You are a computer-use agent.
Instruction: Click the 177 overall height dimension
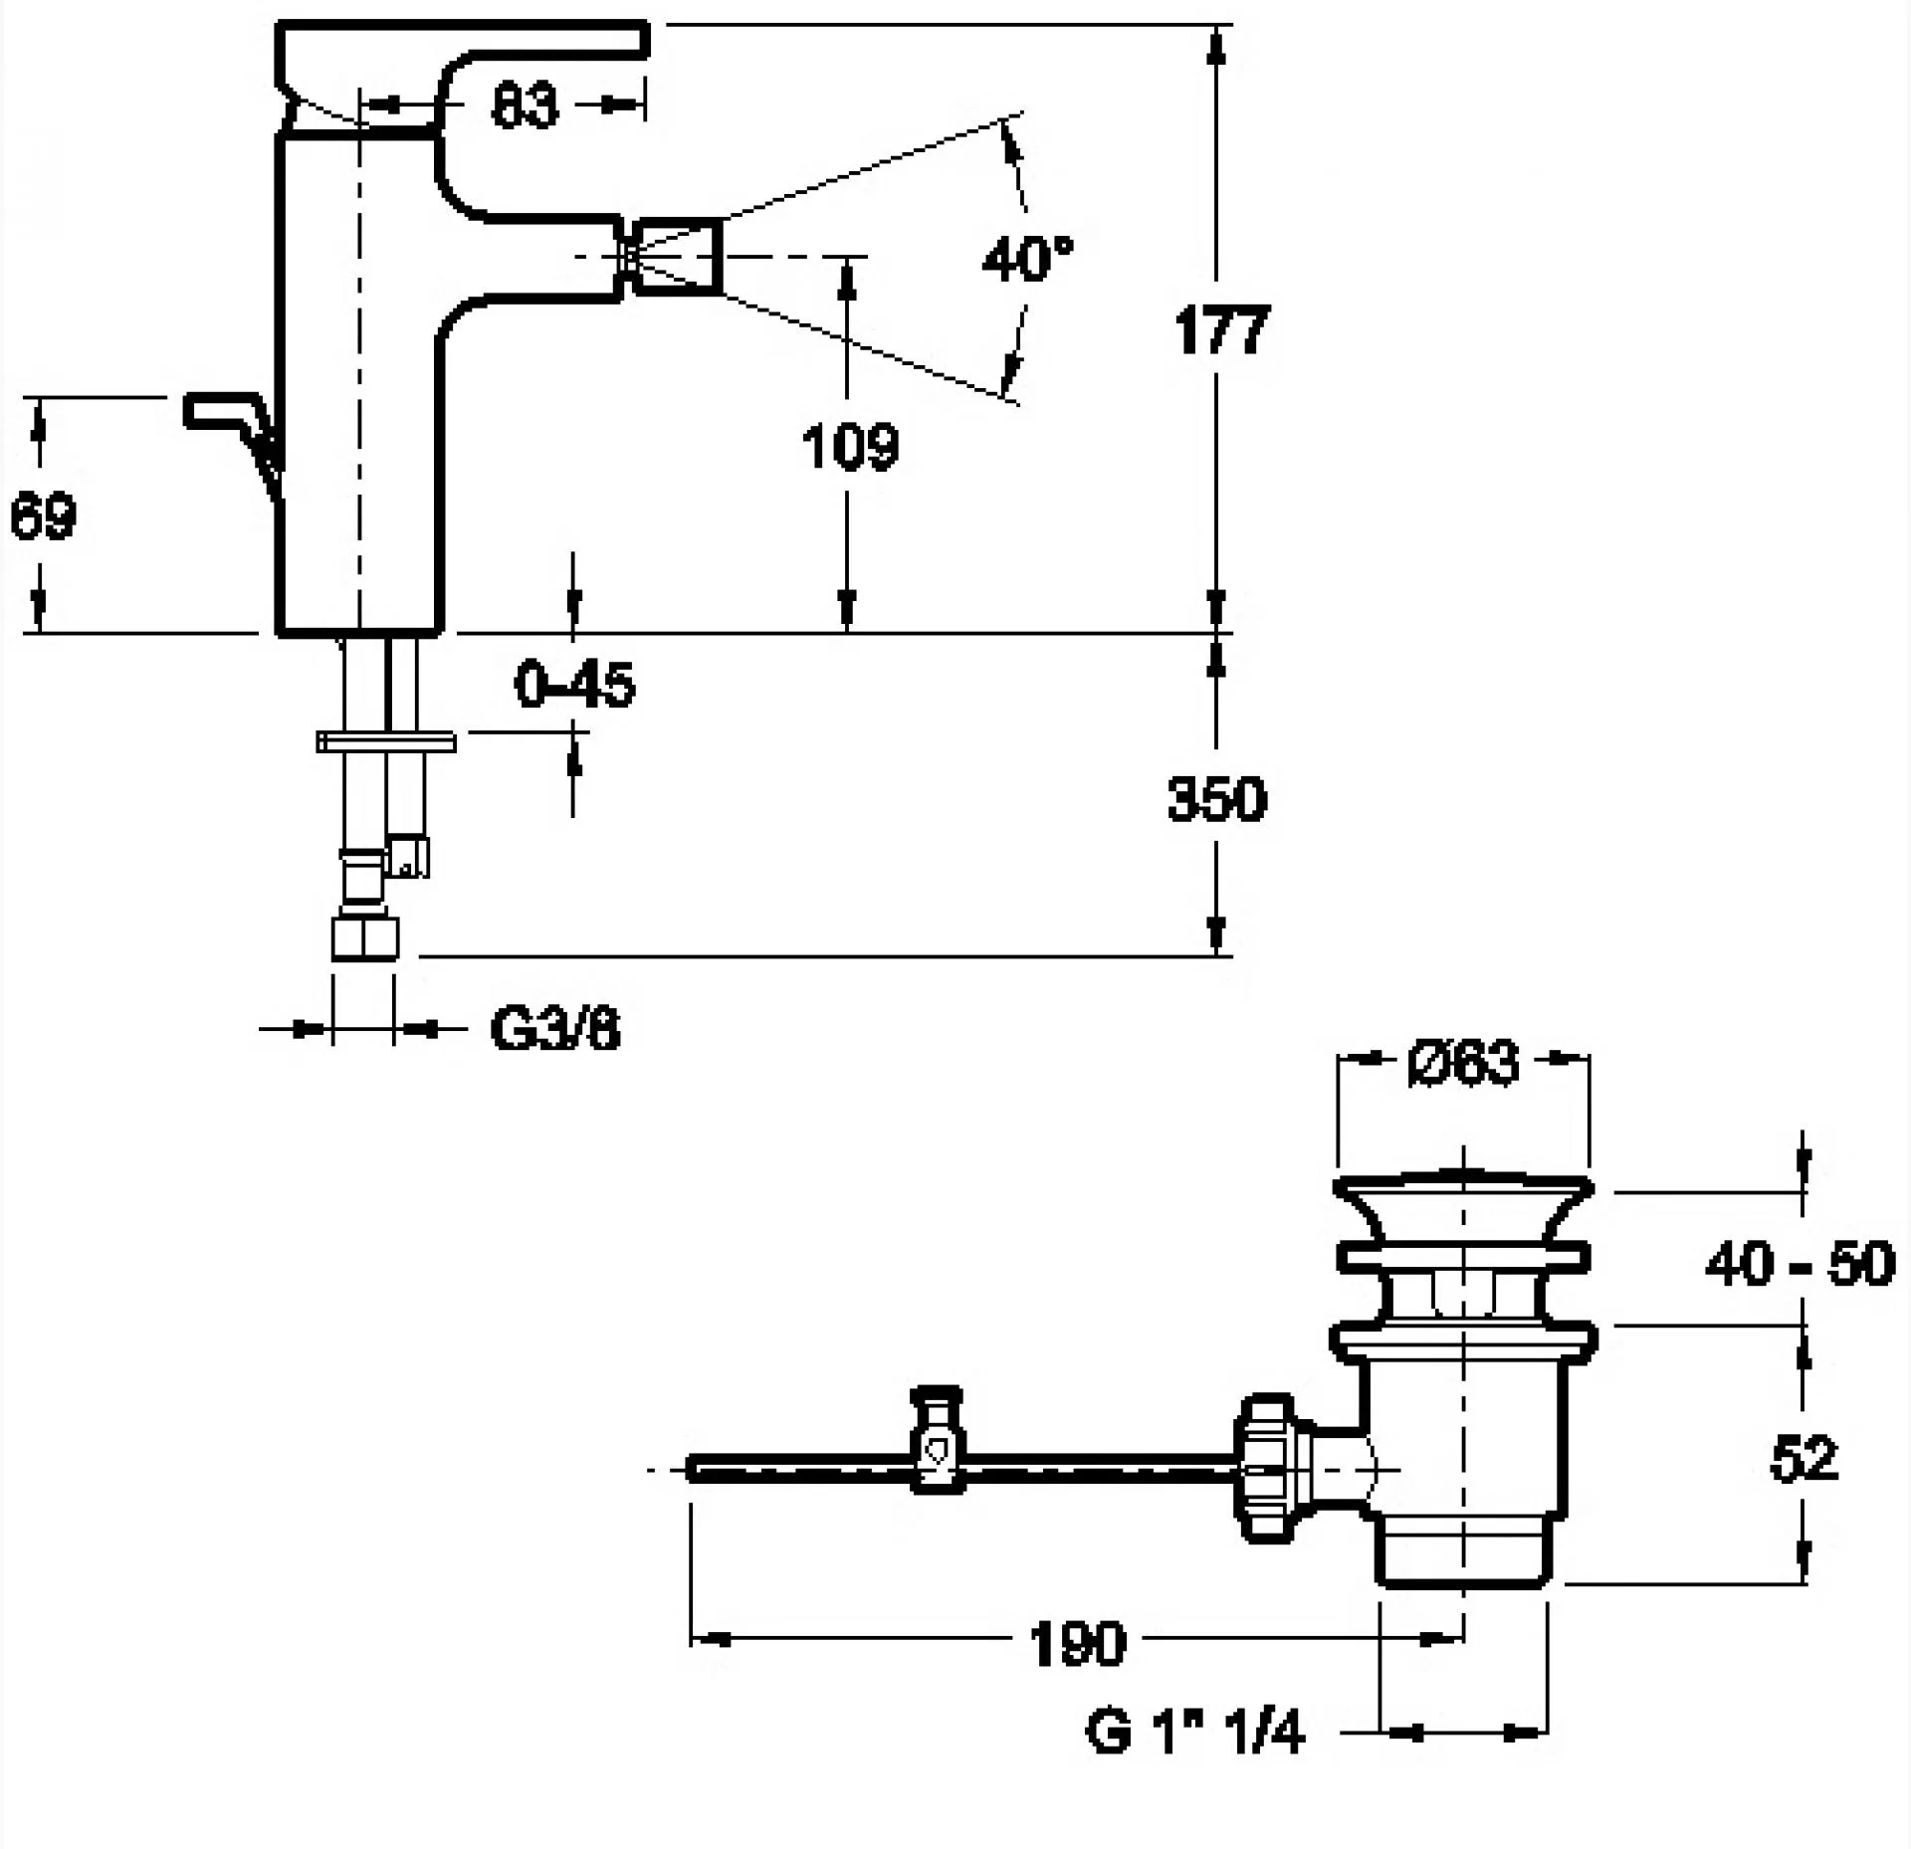(x=1221, y=330)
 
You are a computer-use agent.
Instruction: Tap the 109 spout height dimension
(x=850, y=446)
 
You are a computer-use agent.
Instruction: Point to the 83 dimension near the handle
(x=525, y=105)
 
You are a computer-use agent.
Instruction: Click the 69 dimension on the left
(x=43, y=516)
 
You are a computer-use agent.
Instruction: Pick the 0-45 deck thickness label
(x=574, y=685)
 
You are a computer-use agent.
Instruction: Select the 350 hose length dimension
(x=1216, y=798)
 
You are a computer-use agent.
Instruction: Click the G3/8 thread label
(x=554, y=1029)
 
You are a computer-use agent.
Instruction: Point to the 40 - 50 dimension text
(x=1800, y=1264)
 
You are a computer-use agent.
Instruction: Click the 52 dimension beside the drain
(x=1804, y=1460)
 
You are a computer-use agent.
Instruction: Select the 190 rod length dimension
(x=1078, y=1642)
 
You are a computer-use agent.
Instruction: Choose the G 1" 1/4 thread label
(x=1193, y=1734)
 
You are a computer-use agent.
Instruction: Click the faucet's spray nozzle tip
(x=678, y=257)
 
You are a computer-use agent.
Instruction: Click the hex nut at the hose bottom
(x=364, y=937)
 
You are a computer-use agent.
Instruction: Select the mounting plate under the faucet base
(x=386, y=741)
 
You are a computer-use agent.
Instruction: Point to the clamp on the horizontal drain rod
(x=938, y=1440)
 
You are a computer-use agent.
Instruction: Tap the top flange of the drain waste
(x=1462, y=1188)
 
